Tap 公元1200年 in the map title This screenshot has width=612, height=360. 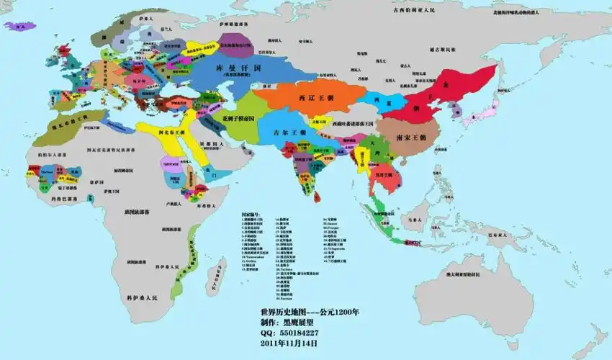point(339,312)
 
